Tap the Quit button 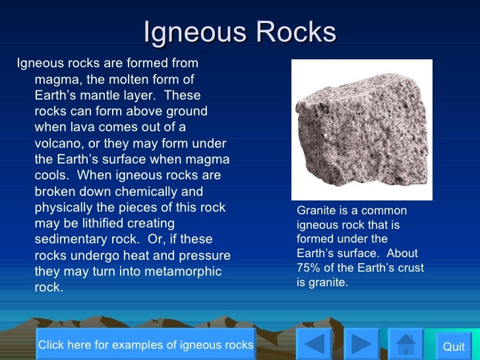[454, 346]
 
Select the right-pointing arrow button [360, 345]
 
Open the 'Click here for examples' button [146, 344]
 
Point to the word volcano [58, 143]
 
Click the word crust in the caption [409, 268]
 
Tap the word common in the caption [387, 210]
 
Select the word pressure [203, 255]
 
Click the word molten [129, 79]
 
